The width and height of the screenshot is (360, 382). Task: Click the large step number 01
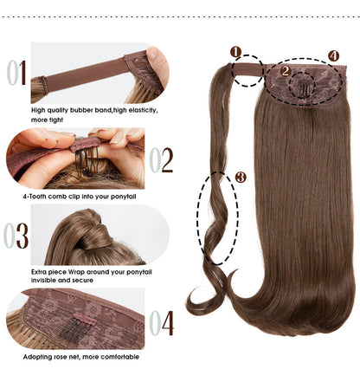tap(17, 72)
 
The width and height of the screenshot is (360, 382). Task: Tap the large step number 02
tap(161, 159)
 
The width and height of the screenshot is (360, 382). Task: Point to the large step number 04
tap(161, 322)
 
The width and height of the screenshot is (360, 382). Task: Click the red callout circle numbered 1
tap(235, 52)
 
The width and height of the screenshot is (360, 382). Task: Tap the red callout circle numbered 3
tap(241, 178)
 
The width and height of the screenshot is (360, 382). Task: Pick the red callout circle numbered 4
tap(334, 56)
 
